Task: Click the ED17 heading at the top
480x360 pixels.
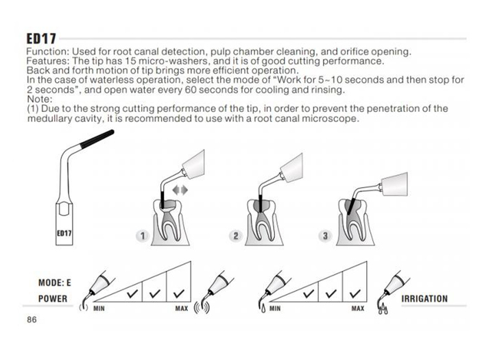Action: pos(41,39)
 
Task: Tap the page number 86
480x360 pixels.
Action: pos(32,320)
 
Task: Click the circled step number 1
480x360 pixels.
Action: pos(143,236)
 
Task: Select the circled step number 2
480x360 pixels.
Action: pos(236,236)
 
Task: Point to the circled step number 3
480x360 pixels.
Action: pos(325,236)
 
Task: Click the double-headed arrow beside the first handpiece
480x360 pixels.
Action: pos(180,191)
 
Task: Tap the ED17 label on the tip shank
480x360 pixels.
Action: pos(64,233)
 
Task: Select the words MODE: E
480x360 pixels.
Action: pos(54,283)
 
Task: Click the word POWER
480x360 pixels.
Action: pos(53,298)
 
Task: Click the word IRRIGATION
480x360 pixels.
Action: pos(424,298)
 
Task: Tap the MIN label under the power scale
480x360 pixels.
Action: pos(99,309)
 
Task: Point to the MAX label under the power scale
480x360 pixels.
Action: pos(182,309)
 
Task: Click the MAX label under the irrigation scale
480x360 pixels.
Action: pos(357,309)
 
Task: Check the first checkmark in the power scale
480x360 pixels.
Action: pos(132,293)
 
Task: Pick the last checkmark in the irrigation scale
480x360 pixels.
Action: pos(355,293)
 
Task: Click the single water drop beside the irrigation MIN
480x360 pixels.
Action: pos(263,309)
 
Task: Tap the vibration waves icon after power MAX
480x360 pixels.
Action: pos(202,308)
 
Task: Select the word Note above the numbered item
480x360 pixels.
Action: pos(40,99)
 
